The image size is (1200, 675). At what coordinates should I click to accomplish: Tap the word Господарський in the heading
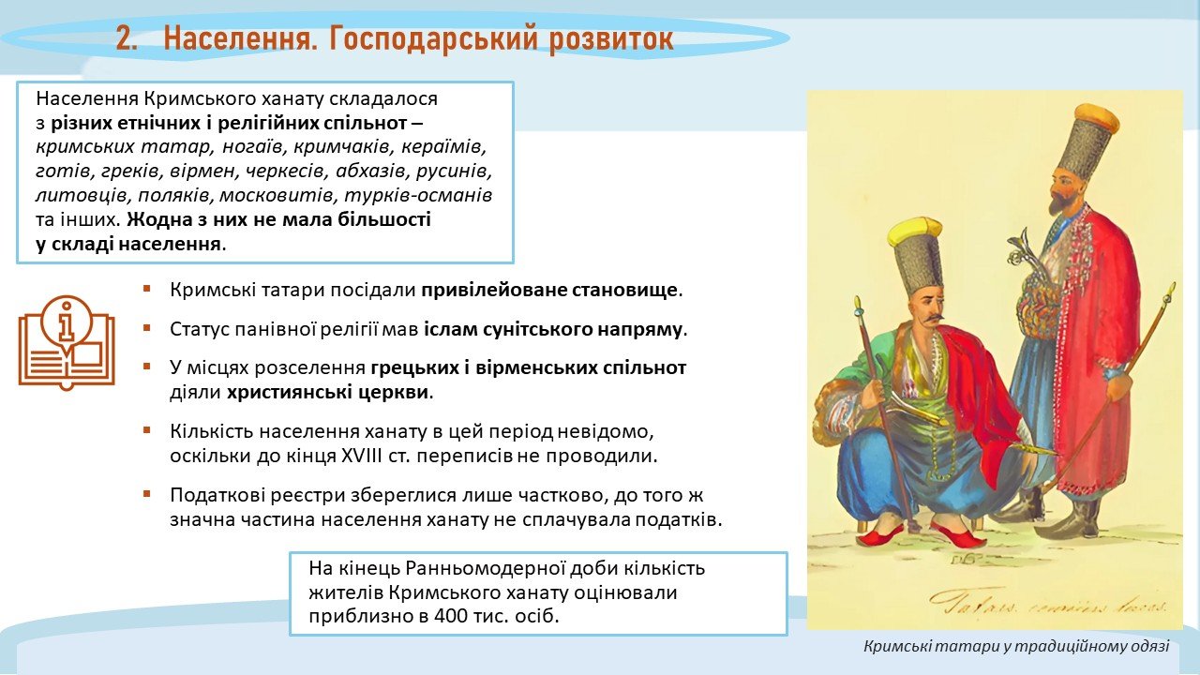click(x=433, y=39)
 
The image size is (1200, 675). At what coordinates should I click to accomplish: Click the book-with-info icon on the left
click(x=67, y=343)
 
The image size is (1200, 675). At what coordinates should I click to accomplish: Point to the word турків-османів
click(x=418, y=195)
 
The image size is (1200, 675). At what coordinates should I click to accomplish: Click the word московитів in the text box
click(x=276, y=195)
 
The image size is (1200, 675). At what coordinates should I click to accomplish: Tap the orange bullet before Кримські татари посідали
click(x=147, y=290)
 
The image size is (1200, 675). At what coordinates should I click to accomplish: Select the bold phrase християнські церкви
click(x=327, y=392)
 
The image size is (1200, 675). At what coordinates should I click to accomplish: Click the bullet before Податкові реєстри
click(x=147, y=494)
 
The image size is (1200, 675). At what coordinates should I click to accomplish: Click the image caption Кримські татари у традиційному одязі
click(x=1016, y=646)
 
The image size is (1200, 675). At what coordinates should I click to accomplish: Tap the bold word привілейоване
click(x=494, y=291)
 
